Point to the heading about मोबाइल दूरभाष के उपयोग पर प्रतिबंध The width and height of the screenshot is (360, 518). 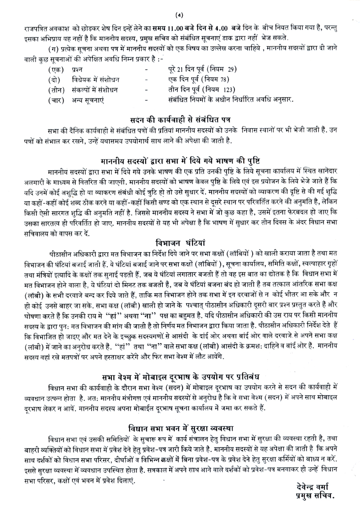tap(180, 385)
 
